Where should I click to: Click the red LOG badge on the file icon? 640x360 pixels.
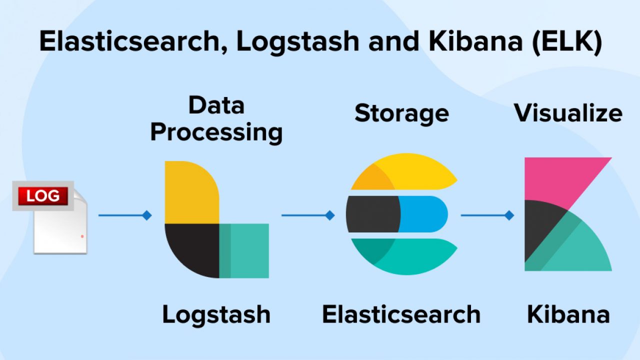[x=43, y=196]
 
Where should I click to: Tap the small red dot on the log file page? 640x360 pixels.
[x=82, y=235]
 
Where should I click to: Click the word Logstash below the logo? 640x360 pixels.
[x=216, y=314]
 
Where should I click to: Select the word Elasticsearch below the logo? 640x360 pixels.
[x=401, y=314]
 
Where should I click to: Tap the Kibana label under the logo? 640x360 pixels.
[x=568, y=314]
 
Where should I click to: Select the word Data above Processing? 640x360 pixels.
[x=216, y=105]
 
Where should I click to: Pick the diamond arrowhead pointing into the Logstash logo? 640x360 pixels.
[x=146, y=215]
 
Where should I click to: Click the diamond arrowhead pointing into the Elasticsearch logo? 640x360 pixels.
[x=330, y=215]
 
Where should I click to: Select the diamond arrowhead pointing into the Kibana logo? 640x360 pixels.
[x=509, y=215]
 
